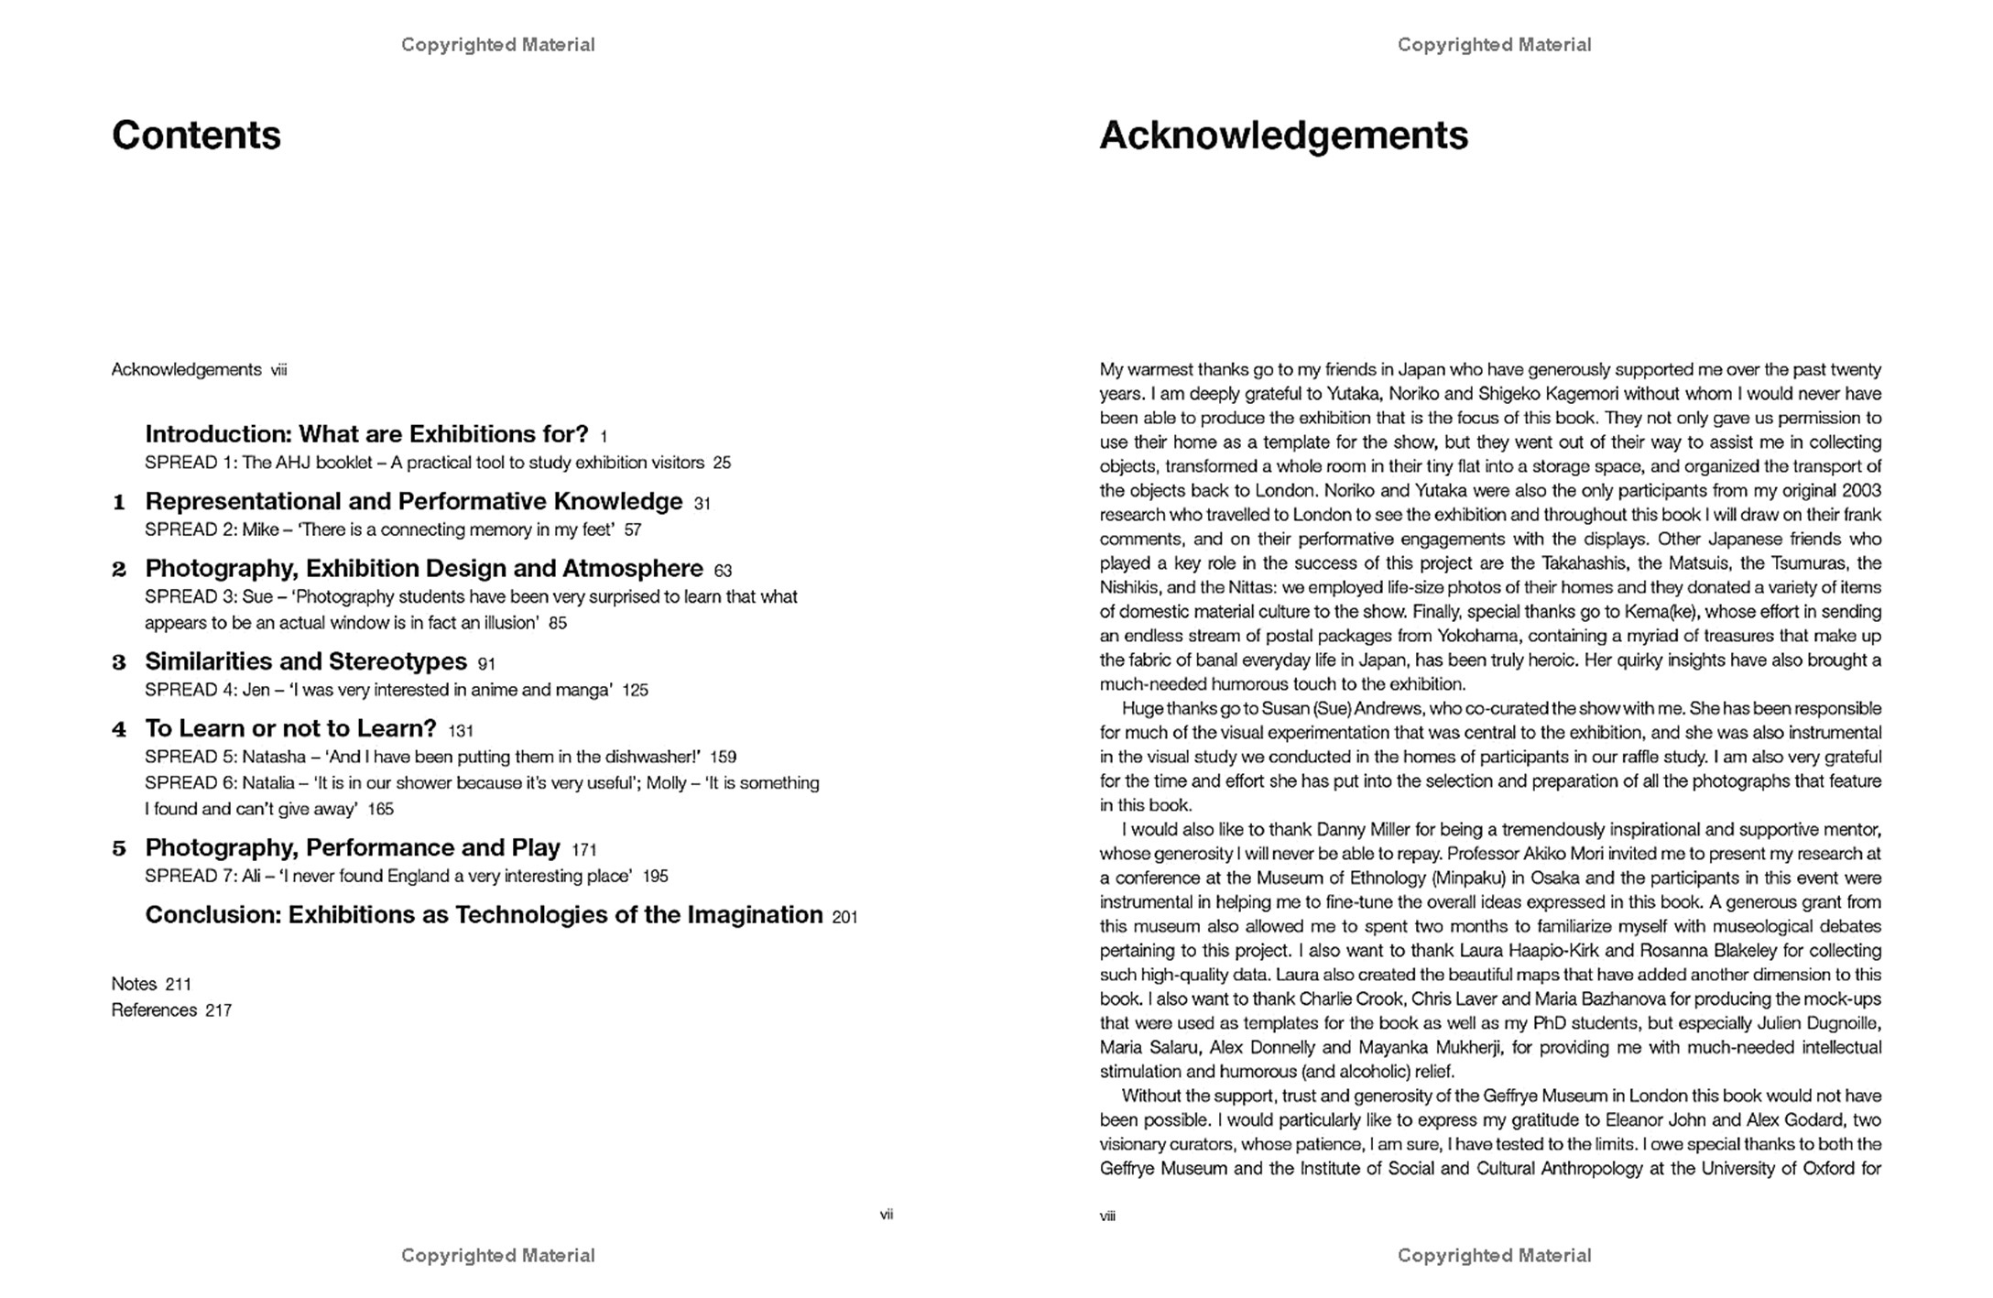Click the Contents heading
click(x=196, y=136)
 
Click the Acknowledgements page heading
click(x=1283, y=136)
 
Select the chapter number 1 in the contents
click(x=119, y=503)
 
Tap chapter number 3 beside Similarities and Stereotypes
click(x=119, y=662)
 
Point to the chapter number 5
click(x=119, y=849)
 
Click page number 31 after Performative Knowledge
click(x=702, y=504)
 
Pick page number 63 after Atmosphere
click(x=723, y=571)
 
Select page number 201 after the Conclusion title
click(x=844, y=917)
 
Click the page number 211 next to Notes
click(x=179, y=985)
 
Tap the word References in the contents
click(x=154, y=1010)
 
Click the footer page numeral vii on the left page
click(x=887, y=1215)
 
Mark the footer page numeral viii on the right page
click(x=1108, y=1216)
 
